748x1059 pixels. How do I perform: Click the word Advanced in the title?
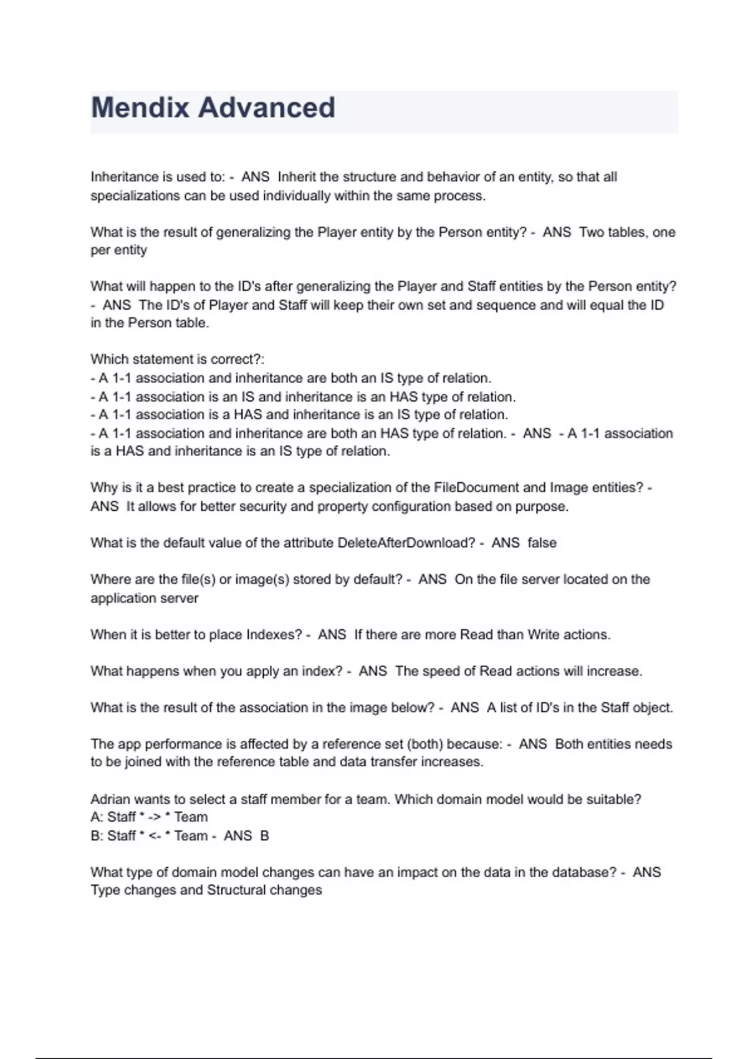[266, 108]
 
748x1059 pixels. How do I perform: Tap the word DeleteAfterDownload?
[406, 543]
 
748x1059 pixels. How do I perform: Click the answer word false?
[542, 543]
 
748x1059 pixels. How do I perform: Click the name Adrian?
[110, 799]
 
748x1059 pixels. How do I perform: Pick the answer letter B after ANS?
[264, 836]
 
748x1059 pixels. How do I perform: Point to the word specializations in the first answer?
[135, 196]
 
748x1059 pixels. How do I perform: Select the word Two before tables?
[591, 232]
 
